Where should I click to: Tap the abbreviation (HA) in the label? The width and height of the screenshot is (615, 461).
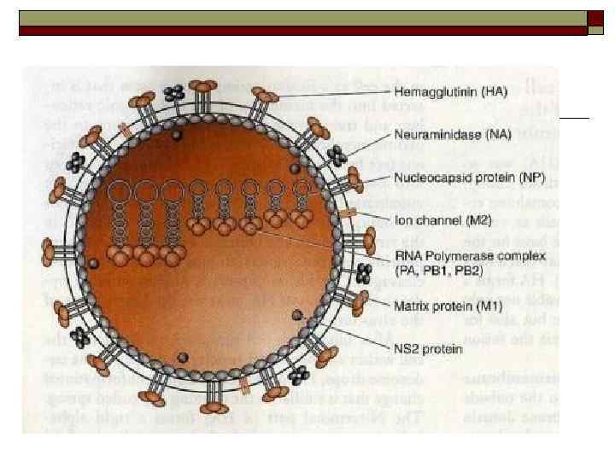coord(484,91)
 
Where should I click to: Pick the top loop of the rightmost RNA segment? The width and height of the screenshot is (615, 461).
coord(300,186)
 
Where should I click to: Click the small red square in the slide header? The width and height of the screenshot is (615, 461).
coord(596,31)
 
